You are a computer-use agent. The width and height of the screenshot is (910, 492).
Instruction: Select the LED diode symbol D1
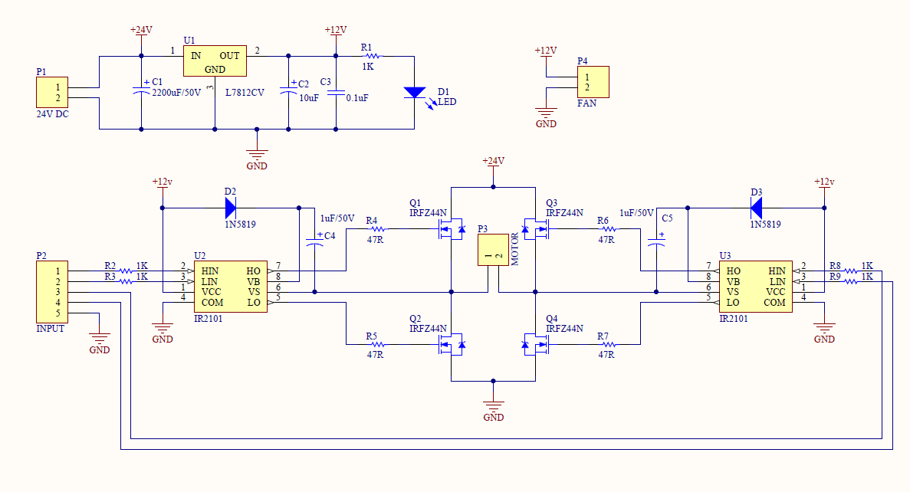coord(414,93)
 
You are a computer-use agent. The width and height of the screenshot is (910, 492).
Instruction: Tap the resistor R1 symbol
coord(369,56)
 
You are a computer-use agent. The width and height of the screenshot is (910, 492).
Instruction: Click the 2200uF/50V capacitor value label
coord(176,92)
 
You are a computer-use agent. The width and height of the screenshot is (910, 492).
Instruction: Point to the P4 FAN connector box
coord(593,82)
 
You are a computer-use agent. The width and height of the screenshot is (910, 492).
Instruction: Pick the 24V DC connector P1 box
coord(53,93)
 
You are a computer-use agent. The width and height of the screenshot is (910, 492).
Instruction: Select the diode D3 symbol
coord(756,207)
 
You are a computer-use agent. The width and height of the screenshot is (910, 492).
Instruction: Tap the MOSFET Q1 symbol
coord(450,228)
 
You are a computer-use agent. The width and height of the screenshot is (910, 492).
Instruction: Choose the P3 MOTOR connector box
coord(493,250)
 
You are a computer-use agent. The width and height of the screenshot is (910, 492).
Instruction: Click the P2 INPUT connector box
coord(52,292)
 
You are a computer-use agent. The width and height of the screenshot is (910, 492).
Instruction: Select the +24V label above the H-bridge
coord(493,161)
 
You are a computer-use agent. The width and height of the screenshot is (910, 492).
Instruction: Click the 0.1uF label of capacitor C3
coord(357,98)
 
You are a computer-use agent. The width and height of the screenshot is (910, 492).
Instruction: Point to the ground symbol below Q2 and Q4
coord(493,408)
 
